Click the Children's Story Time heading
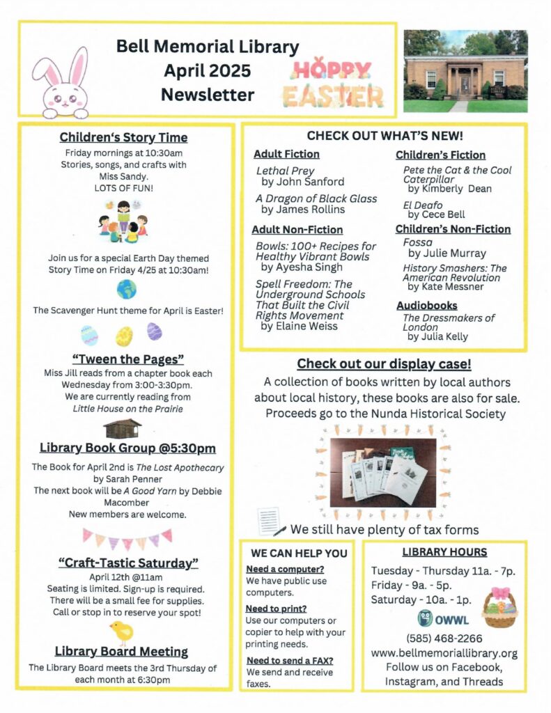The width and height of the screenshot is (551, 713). (123, 137)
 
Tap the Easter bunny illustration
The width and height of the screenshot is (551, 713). (61, 82)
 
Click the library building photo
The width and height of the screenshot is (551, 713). (465, 71)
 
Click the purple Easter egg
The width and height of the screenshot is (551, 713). (154, 331)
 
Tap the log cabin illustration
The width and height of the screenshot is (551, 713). (122, 428)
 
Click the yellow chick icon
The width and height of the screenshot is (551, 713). (122, 632)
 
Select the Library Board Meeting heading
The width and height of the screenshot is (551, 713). (122, 652)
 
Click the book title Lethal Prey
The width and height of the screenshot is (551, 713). (286, 171)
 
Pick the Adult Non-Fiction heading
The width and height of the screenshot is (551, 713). (297, 229)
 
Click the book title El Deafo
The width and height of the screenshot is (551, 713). (422, 205)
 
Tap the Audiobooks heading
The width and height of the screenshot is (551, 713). (427, 305)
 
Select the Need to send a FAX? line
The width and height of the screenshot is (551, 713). (290, 660)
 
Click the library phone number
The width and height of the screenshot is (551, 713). (444, 638)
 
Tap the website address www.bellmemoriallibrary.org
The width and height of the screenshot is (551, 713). (444, 653)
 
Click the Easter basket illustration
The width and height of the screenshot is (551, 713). (500, 608)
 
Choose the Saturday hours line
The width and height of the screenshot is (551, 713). (421, 600)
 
